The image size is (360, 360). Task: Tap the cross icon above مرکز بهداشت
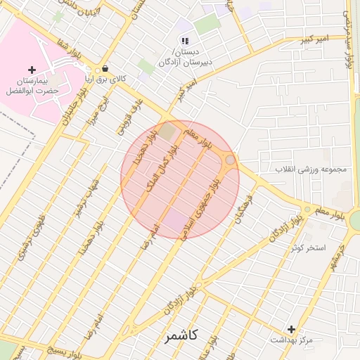(291, 329)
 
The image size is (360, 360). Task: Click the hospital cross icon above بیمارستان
(32, 70)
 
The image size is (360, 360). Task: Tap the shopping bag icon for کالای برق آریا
(105, 69)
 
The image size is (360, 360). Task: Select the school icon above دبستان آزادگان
(185, 42)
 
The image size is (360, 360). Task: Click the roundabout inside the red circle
(230, 162)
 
